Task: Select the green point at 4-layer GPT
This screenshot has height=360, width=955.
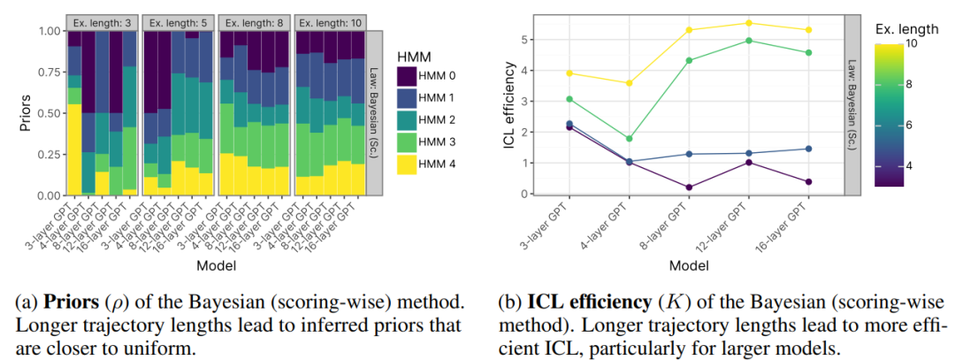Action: click(629, 139)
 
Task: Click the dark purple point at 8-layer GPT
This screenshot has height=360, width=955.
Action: click(688, 188)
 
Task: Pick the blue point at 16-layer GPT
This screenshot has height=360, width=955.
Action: click(807, 149)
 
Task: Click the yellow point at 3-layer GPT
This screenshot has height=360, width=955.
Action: click(569, 73)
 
